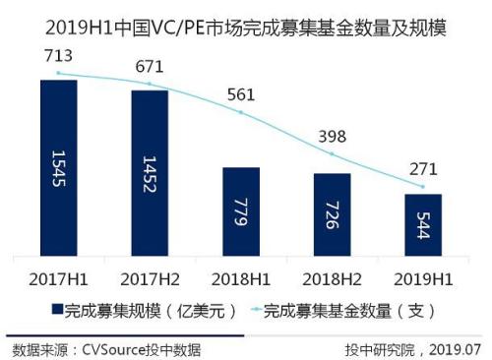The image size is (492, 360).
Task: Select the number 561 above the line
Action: pyautogui.click(x=241, y=95)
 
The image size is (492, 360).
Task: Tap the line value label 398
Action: pyautogui.click(x=333, y=135)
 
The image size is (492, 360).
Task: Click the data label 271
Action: pyautogui.click(x=423, y=167)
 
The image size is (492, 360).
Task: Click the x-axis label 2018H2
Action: pyautogui.click(x=333, y=268)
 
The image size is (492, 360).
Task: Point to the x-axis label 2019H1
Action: pyautogui.click(x=423, y=268)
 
